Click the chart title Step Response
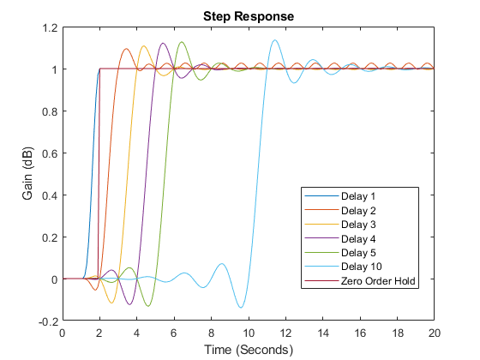(x=248, y=15)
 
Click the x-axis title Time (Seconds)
(x=248, y=350)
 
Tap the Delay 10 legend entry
(x=356, y=267)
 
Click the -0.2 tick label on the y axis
(x=48, y=321)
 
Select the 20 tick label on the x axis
(x=435, y=333)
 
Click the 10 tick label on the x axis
(x=248, y=333)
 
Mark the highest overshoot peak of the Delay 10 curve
(x=274, y=40)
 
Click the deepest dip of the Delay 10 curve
(x=241, y=308)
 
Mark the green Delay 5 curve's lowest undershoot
(x=147, y=306)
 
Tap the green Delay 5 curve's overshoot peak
(x=181, y=42)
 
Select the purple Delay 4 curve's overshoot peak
(x=163, y=44)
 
